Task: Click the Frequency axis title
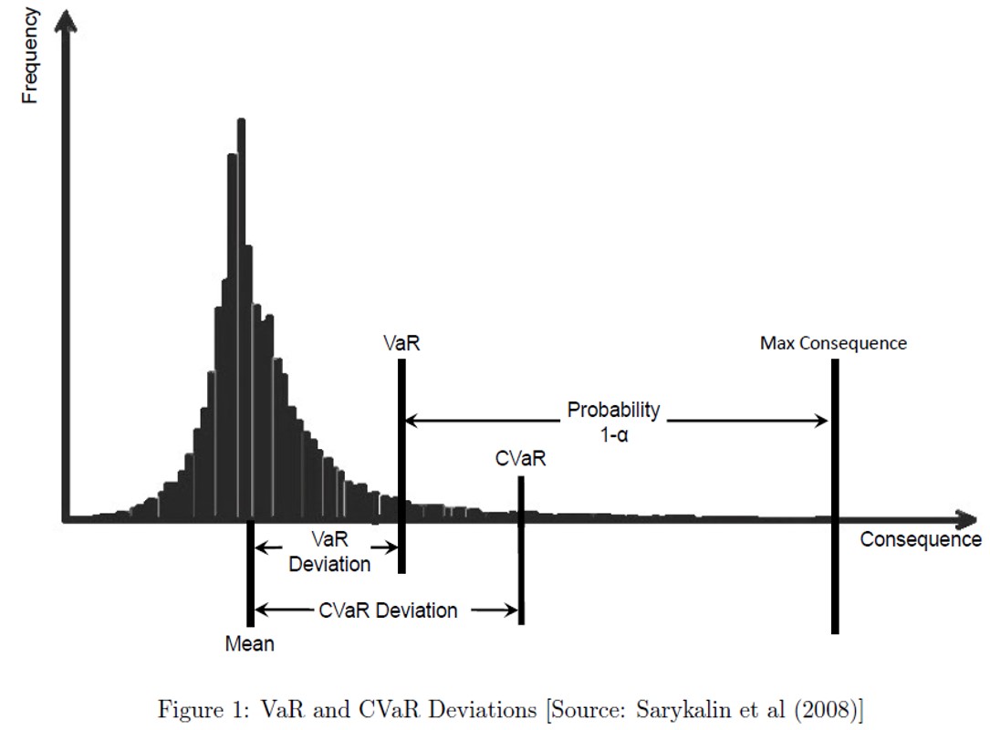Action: click(29, 55)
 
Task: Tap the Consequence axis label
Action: click(920, 539)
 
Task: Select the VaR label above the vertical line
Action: click(401, 344)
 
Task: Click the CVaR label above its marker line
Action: click(521, 459)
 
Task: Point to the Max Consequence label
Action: click(833, 344)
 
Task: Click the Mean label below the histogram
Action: click(249, 644)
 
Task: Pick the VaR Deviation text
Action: click(329, 551)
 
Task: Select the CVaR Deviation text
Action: click(388, 610)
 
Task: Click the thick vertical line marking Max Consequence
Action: click(835, 566)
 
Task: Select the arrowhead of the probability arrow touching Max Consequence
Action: click(821, 421)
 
